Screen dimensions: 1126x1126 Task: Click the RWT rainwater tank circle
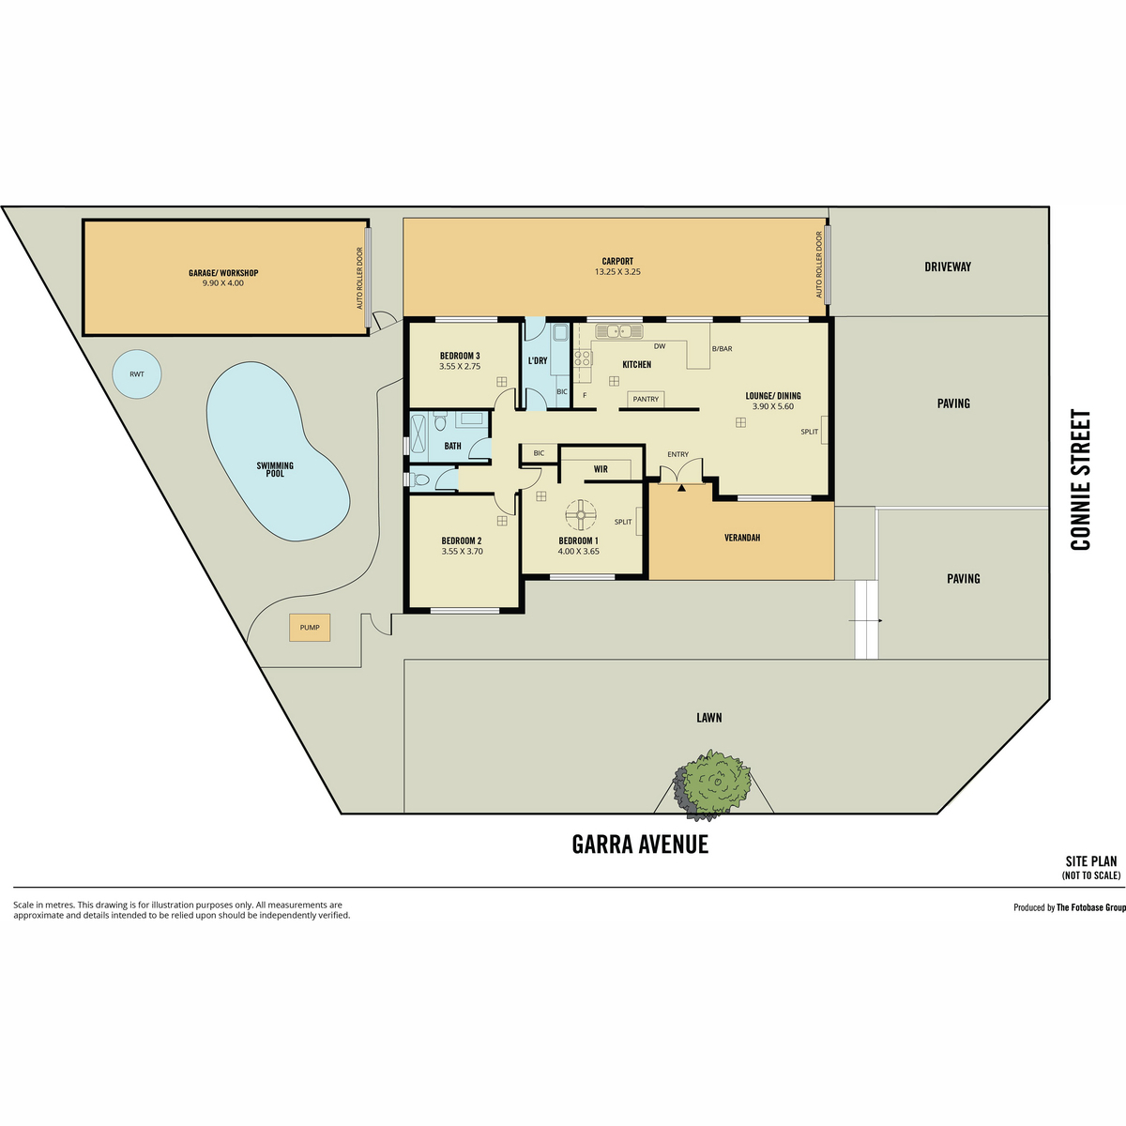point(137,374)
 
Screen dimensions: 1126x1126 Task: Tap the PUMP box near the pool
point(310,628)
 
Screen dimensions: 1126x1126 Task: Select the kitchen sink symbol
point(619,332)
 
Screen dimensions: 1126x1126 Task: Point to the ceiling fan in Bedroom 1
point(582,514)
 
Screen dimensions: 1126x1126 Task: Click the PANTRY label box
point(646,399)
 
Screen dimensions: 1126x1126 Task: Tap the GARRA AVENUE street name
point(640,844)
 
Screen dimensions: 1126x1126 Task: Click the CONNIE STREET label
point(1080,479)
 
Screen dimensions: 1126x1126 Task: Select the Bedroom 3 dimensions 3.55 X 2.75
point(460,367)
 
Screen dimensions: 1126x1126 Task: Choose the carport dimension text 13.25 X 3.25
point(617,272)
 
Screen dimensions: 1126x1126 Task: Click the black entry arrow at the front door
point(681,487)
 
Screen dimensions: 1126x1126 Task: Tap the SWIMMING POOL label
point(275,470)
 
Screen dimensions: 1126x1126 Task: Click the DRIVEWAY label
point(948,267)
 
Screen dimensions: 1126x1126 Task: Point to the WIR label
point(601,469)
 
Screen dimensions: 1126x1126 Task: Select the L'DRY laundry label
point(538,360)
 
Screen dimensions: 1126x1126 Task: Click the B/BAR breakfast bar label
point(723,349)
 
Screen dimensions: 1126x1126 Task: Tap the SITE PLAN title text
point(1091,861)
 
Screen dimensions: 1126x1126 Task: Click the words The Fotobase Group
point(1091,908)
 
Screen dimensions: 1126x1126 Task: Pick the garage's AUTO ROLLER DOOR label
point(360,278)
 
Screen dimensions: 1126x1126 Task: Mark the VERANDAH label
point(742,538)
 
